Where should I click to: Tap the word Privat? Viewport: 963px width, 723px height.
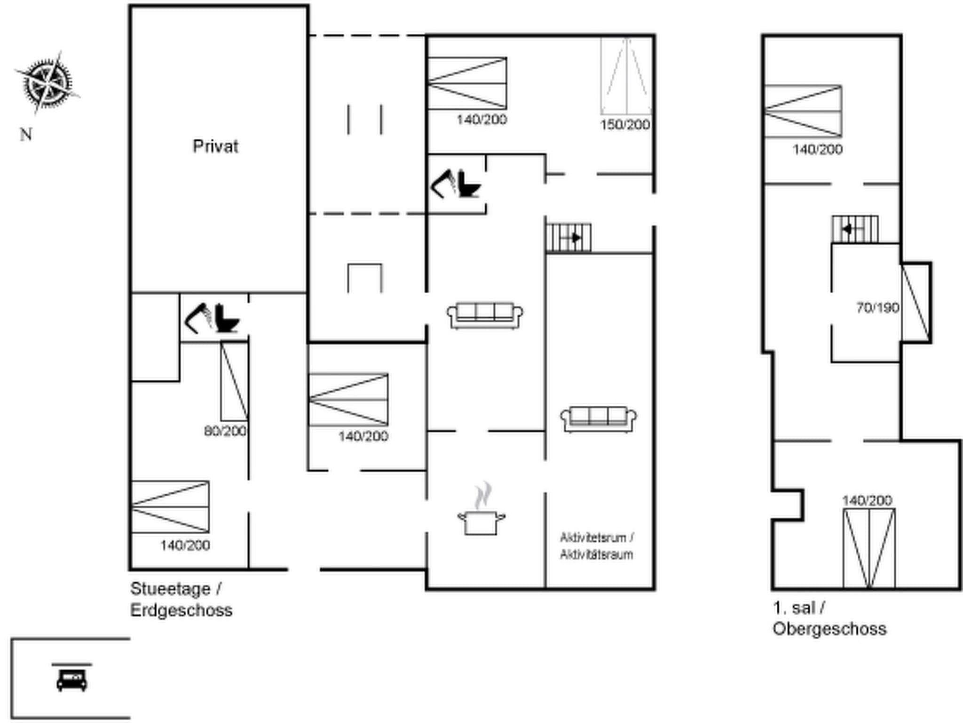[215, 146]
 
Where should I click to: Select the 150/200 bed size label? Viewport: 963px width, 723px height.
[625, 125]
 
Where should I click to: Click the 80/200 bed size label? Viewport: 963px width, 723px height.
[225, 431]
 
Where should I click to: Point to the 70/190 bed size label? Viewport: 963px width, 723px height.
[878, 308]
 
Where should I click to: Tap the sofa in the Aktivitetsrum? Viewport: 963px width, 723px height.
[598, 418]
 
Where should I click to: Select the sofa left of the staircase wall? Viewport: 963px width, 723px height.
[485, 315]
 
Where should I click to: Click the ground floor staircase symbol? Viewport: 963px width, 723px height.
[568, 238]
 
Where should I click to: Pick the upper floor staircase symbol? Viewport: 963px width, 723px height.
[855, 229]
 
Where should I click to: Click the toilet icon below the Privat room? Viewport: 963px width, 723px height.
[227, 318]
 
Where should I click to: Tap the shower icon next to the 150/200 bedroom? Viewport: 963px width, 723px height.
[443, 184]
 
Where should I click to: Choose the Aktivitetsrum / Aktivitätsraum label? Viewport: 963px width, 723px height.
[596, 546]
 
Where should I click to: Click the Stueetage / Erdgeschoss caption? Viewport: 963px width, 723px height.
[181, 599]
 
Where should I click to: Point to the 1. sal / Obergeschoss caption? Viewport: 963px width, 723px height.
[829, 618]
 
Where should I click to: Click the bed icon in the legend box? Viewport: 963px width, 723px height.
[72, 679]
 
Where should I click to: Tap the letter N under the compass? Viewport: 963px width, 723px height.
[26, 135]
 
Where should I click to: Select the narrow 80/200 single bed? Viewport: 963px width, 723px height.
[234, 381]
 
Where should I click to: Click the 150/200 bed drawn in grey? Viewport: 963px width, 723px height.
[626, 76]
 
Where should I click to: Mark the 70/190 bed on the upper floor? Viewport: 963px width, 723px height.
[916, 303]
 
